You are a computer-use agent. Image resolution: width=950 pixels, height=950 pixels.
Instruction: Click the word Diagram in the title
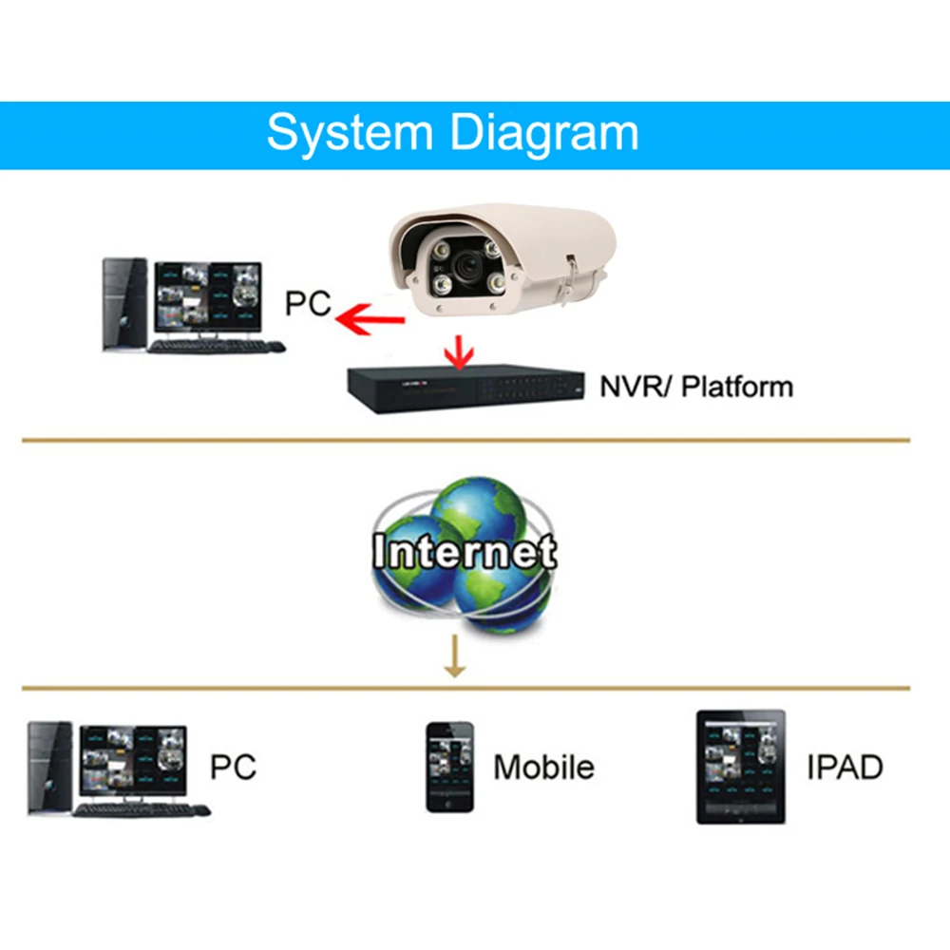tap(543, 133)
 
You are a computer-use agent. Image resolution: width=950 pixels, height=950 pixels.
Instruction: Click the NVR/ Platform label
tap(695, 387)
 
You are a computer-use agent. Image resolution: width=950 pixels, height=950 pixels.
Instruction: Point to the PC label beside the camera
tap(308, 304)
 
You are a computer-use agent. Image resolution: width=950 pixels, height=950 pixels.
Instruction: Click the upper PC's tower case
tap(124, 304)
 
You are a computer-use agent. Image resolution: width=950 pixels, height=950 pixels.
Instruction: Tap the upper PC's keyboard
tap(217, 347)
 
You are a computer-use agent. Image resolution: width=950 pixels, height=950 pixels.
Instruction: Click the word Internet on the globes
tap(465, 552)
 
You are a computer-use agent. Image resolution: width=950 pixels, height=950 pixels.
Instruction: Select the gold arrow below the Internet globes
tap(455, 657)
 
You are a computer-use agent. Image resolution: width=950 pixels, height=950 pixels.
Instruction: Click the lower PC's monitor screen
tap(133, 761)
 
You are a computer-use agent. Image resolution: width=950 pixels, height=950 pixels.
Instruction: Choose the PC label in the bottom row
tap(233, 766)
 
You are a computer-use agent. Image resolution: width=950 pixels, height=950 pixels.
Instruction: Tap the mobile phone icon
tap(449, 767)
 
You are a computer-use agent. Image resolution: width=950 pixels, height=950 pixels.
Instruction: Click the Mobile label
tap(543, 767)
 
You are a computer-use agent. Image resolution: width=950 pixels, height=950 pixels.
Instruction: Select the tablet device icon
tap(741, 767)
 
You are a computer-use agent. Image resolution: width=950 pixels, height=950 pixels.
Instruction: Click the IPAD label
tap(845, 767)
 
